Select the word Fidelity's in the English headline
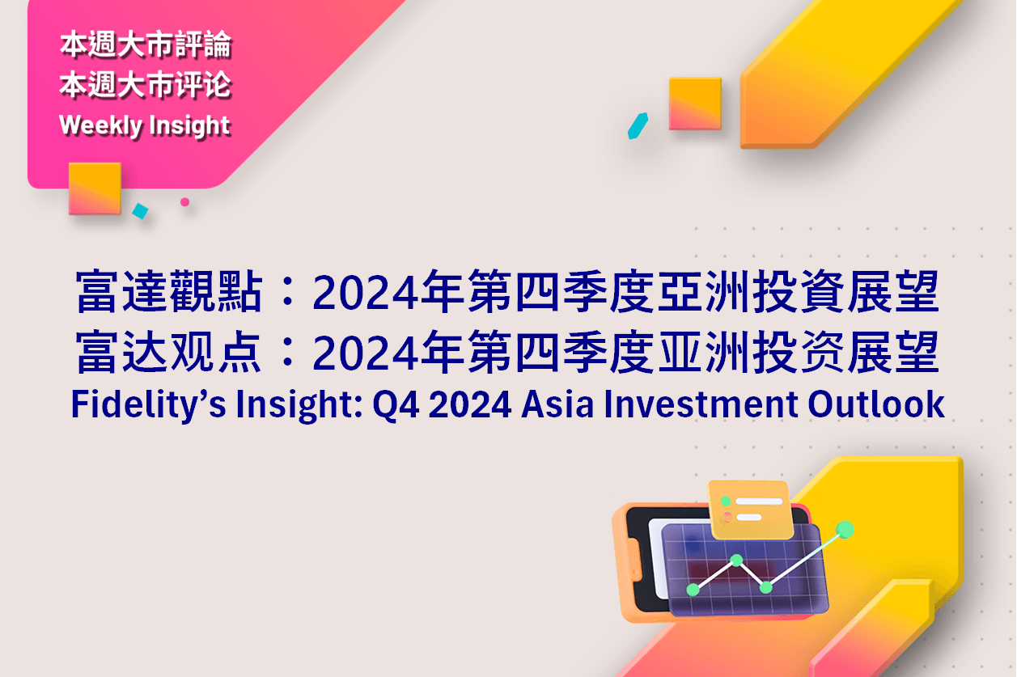pyautogui.click(x=148, y=404)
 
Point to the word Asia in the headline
pyautogui.click(x=557, y=404)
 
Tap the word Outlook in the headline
pyautogui.click(x=877, y=404)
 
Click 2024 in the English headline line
pyautogui.click(x=470, y=404)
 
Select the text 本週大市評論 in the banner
pyautogui.click(x=146, y=45)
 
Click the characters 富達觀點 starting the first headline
pyautogui.click(x=169, y=291)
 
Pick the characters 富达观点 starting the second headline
pyautogui.click(x=169, y=352)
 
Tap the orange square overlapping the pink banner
pyautogui.click(x=95, y=188)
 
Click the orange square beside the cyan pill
pyautogui.click(x=695, y=104)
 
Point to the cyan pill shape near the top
pyautogui.click(x=638, y=125)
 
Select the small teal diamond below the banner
pyautogui.click(x=140, y=211)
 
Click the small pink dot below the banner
pyautogui.click(x=184, y=202)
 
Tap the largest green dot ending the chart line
pyautogui.click(x=845, y=530)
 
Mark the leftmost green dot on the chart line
pyautogui.click(x=693, y=590)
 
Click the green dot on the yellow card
pyautogui.click(x=726, y=501)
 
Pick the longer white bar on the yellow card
pyautogui.click(x=759, y=501)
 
